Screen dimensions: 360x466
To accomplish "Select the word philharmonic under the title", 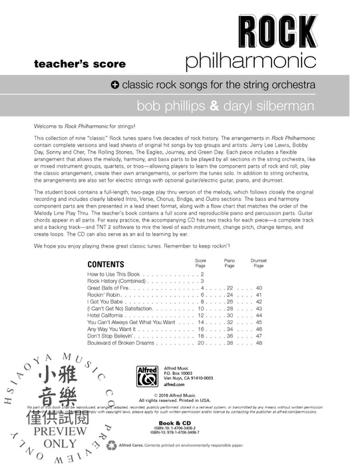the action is (250, 62).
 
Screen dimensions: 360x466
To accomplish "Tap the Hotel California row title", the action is (110, 315).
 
